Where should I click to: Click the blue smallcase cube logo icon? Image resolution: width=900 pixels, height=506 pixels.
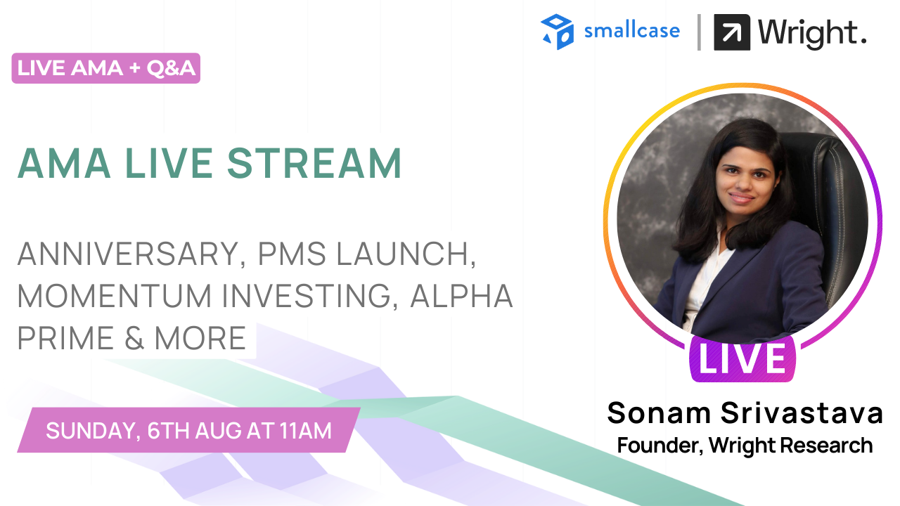[x=558, y=32]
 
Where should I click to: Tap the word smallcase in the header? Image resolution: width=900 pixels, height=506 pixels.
[x=632, y=31]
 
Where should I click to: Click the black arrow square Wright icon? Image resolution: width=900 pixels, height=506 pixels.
[x=732, y=32]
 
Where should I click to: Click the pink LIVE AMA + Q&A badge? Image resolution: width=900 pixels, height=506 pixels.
[x=106, y=68]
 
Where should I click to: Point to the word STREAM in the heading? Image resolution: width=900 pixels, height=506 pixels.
[x=314, y=164]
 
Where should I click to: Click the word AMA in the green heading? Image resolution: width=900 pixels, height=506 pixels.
[x=64, y=164]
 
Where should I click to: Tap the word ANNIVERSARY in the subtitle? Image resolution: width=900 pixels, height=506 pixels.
[x=129, y=254]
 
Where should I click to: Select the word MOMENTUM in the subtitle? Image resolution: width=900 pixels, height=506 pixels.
[x=115, y=296]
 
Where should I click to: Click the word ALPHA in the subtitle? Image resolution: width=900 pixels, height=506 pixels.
[x=461, y=296]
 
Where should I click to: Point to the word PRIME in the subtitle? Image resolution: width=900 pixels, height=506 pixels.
[x=66, y=338]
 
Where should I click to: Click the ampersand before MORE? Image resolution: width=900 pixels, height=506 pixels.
[x=134, y=338]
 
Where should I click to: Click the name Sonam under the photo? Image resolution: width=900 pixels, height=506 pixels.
[x=660, y=413]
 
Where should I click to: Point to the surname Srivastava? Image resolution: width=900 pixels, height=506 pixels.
[x=802, y=413]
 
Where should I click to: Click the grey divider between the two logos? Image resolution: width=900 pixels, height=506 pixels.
[x=699, y=32]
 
